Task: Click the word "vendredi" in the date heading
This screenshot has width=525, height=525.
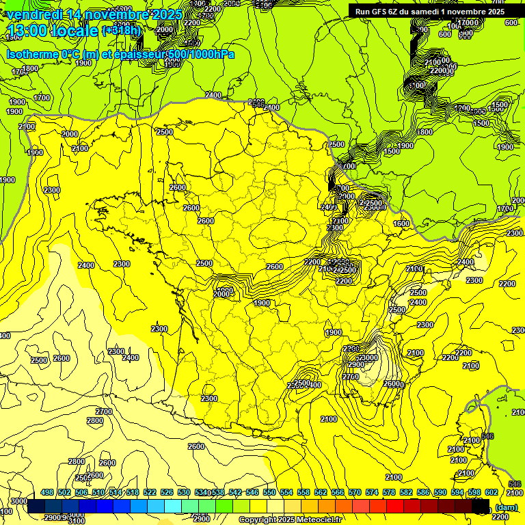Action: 33,14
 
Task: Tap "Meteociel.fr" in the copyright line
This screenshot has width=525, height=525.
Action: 317,520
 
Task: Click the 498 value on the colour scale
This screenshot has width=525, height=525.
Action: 47,492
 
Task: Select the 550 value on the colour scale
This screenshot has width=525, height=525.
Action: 270,492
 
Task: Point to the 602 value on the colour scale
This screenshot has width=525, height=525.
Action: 491,492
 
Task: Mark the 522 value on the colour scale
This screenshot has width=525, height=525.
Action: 150,492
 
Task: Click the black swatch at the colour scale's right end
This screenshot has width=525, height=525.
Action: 482,507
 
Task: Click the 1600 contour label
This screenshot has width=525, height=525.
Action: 401,224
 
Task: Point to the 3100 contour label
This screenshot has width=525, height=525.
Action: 77,521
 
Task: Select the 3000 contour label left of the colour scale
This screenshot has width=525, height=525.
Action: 18,502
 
